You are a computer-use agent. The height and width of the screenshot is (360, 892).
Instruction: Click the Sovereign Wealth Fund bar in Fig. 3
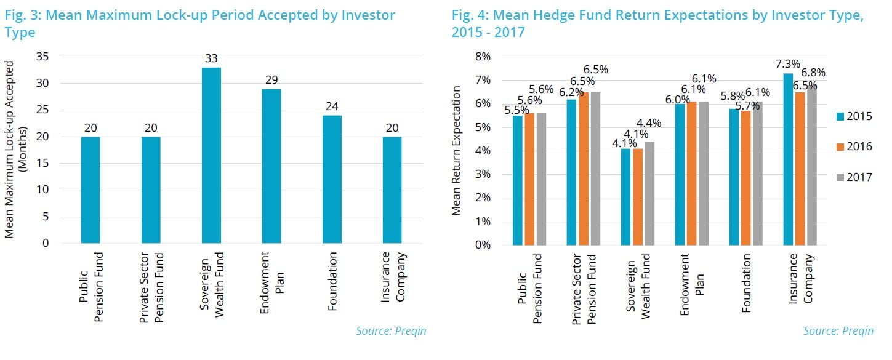tap(211, 155)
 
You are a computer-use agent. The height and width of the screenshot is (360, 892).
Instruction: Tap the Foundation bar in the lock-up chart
tap(332, 179)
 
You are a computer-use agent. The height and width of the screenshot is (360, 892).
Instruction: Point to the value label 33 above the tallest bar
tap(211, 59)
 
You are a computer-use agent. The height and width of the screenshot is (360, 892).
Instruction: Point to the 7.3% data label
tap(788, 64)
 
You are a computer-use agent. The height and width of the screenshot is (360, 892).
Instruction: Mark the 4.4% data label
tap(649, 123)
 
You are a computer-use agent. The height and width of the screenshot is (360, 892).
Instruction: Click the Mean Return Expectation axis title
tap(456, 150)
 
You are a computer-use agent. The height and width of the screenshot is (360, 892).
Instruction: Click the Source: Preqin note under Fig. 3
tap(391, 331)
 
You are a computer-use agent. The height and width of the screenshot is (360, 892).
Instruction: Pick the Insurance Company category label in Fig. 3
tap(392, 277)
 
